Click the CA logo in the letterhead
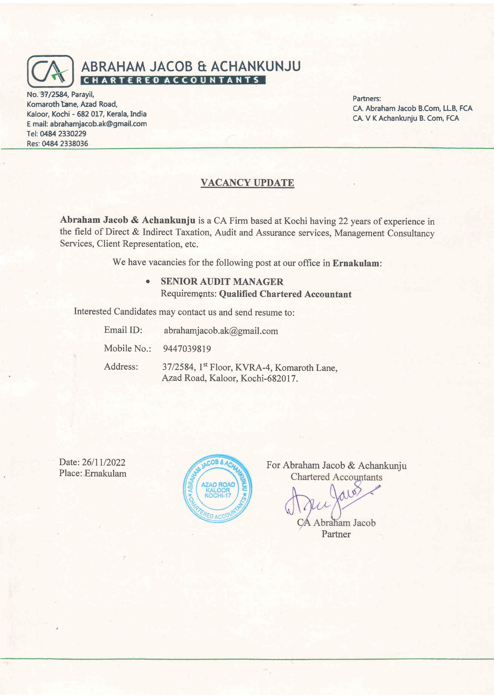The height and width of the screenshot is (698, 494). coord(50,71)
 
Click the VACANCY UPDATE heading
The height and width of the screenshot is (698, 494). coord(247,183)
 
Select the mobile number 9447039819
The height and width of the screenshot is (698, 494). coord(187,349)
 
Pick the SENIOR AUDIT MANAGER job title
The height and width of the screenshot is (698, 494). coord(222,281)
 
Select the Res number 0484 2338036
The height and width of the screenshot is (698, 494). coord(65,144)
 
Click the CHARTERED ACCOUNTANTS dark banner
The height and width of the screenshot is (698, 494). coord(173,80)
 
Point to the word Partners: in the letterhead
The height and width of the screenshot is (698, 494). coord(367,99)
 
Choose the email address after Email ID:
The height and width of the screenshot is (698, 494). coord(221,331)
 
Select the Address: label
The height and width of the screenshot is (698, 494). coord(121,367)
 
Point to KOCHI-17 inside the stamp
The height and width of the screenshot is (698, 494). coord(218,496)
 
